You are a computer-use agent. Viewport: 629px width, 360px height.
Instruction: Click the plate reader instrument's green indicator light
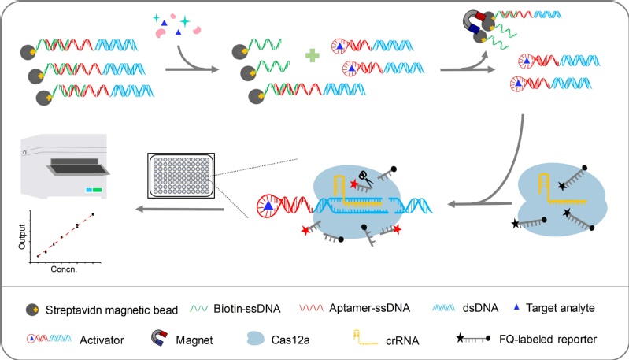[x=98, y=190]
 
